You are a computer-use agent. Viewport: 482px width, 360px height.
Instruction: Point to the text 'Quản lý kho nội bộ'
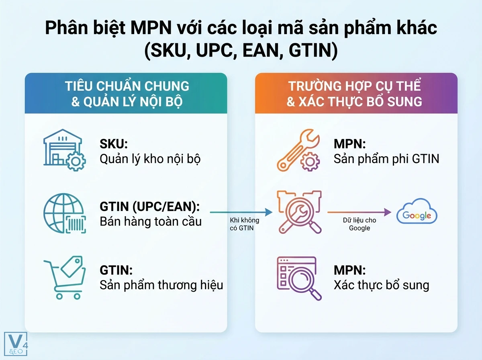click(x=150, y=159)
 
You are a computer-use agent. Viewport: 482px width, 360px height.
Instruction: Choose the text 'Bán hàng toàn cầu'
click(x=150, y=221)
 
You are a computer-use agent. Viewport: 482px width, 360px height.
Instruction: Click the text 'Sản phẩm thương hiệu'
click(x=161, y=285)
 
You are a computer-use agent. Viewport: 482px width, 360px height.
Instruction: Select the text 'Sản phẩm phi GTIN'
click(x=386, y=159)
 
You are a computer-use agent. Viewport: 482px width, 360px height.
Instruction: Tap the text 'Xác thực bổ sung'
click(x=381, y=285)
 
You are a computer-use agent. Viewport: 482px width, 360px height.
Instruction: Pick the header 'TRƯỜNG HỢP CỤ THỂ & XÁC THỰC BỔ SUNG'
click(x=356, y=93)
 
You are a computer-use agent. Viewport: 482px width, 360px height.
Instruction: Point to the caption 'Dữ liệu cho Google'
click(x=359, y=224)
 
